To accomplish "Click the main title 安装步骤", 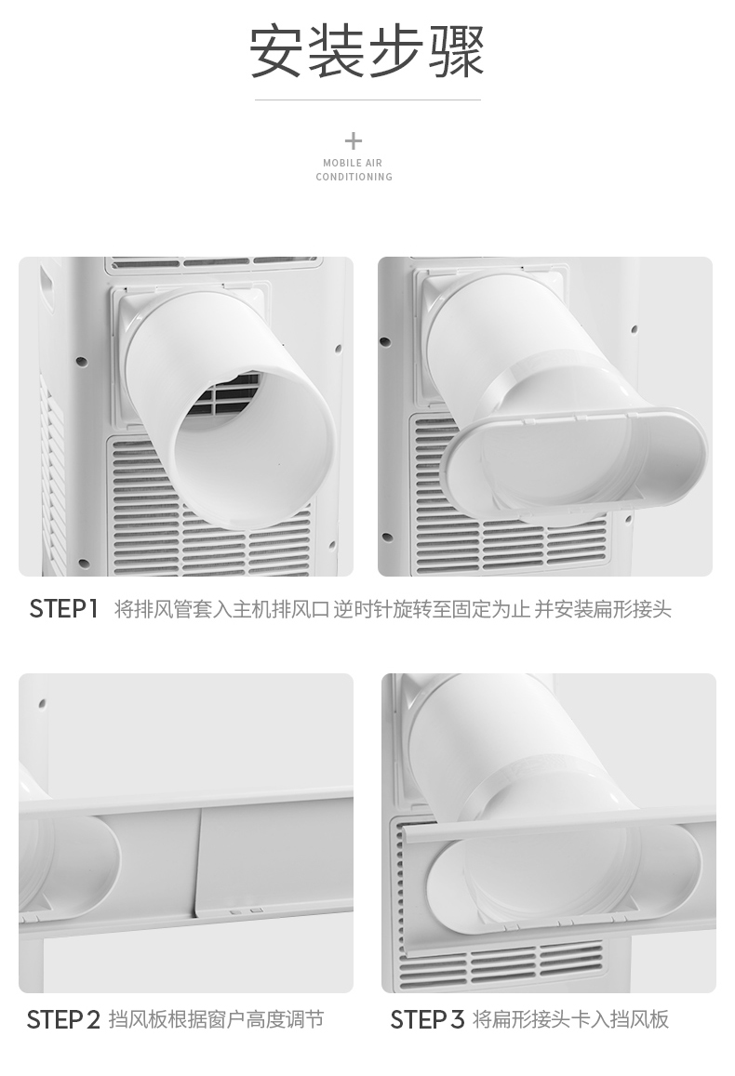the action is (x=367, y=53).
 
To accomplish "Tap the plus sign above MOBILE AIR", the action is (x=353, y=141).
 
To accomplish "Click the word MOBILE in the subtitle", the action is (x=339, y=163).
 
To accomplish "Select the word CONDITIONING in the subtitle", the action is (x=354, y=177).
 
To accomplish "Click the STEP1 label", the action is (x=64, y=609).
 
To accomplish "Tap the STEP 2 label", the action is (x=63, y=1019).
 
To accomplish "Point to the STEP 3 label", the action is (x=427, y=1019).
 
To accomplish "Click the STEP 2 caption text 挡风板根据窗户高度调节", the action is (x=216, y=1019).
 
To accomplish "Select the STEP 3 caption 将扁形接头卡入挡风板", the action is (x=571, y=1019).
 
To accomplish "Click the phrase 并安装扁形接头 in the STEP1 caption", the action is (x=603, y=609).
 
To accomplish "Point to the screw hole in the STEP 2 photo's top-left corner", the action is (x=43, y=703).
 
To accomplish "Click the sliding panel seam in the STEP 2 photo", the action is (x=199, y=862).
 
